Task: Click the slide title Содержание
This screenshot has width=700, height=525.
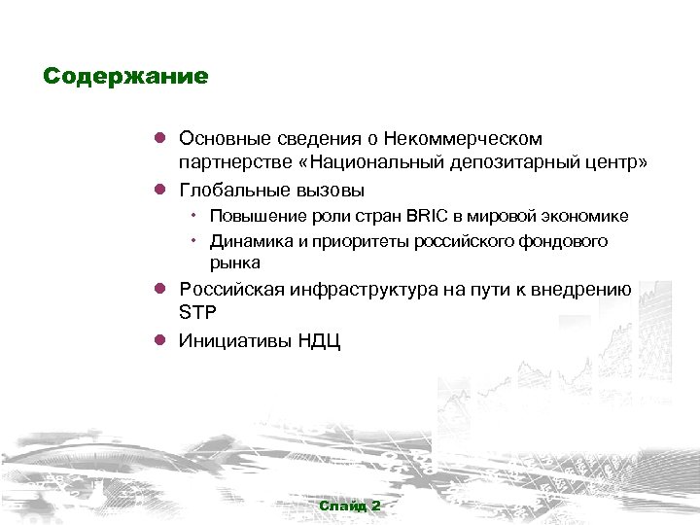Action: click(x=125, y=77)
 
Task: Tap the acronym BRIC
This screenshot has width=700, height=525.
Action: click(x=420, y=216)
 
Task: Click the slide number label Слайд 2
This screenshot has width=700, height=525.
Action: click(x=350, y=507)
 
